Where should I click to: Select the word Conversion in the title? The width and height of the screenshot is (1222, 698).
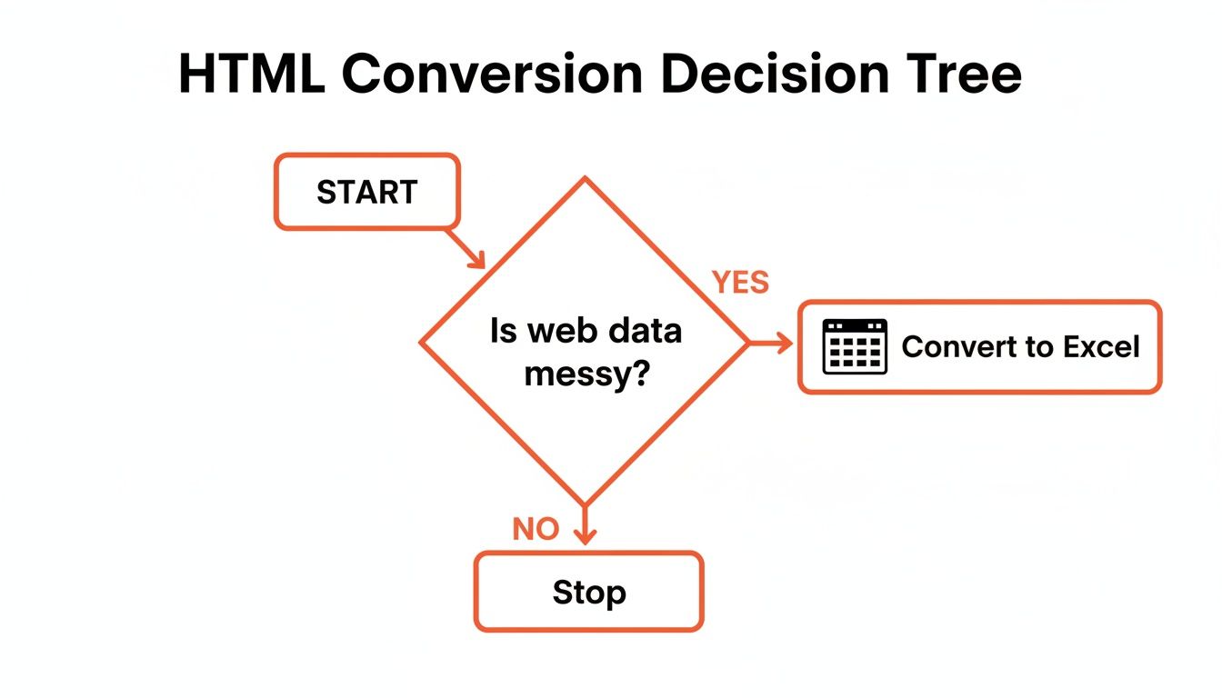point(492,75)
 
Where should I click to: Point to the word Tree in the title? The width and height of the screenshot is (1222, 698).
point(969,75)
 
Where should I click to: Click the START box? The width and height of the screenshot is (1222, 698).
point(367,192)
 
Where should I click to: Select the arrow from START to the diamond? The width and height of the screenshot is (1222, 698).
point(466,249)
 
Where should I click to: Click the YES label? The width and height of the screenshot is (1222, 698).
point(740,283)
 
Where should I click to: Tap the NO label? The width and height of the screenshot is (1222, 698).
point(536,529)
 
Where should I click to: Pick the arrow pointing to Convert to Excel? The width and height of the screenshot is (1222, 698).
point(772,343)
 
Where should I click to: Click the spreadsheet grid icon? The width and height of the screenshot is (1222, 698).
point(854,346)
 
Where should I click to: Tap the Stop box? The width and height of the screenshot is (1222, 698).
point(588,592)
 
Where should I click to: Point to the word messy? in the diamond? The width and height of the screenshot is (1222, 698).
point(585,373)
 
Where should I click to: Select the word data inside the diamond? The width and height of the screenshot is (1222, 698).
point(646,331)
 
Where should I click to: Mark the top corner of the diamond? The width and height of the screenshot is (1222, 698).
point(585,180)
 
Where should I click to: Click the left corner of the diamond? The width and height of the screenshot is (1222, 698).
point(423,343)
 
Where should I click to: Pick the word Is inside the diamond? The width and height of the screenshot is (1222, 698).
point(503,331)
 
